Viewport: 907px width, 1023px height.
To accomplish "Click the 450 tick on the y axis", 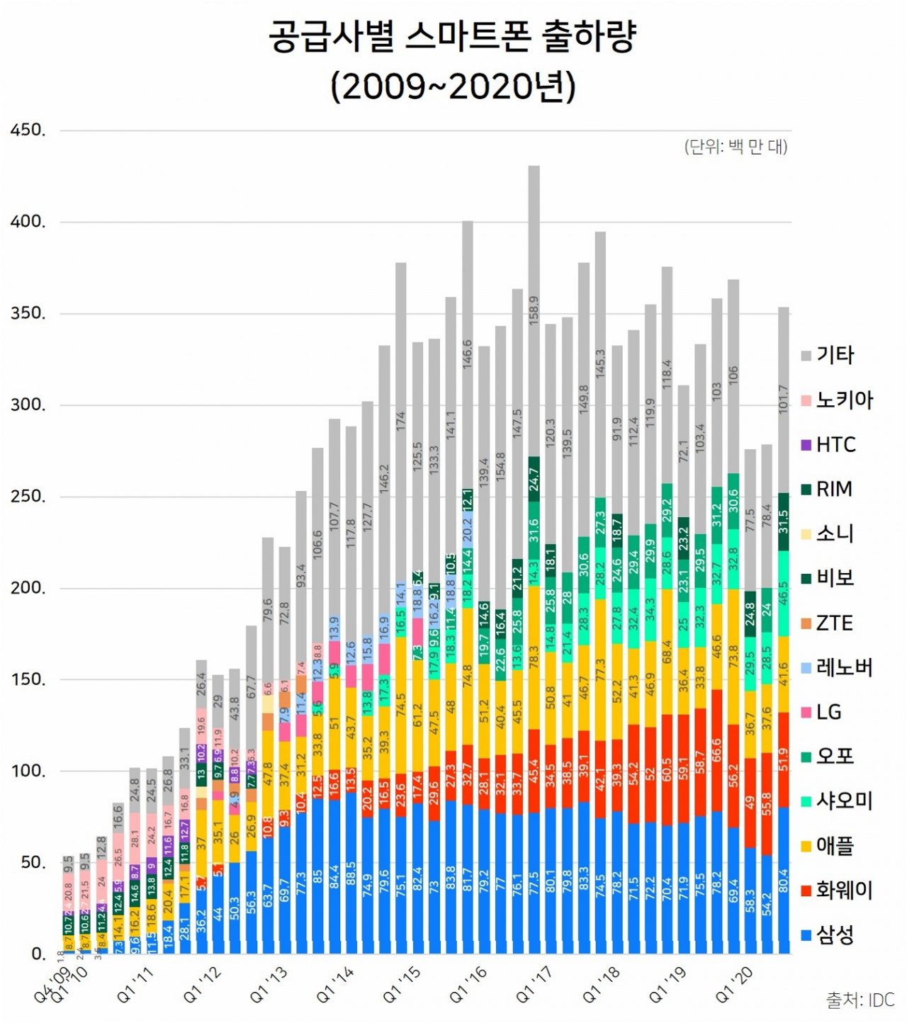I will (x=28, y=130).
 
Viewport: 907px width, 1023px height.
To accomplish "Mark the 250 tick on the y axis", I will (x=28, y=497).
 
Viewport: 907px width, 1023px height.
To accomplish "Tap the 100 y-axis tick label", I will (x=28, y=771).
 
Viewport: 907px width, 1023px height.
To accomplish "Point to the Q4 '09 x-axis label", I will (x=54, y=985).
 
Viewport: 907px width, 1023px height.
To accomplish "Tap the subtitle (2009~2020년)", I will (x=453, y=86).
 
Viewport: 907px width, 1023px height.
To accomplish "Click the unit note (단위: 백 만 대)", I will (x=736, y=147).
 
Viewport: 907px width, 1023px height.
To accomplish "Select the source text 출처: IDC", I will (x=860, y=1000).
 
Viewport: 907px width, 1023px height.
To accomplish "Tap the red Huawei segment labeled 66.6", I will (x=716, y=751).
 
